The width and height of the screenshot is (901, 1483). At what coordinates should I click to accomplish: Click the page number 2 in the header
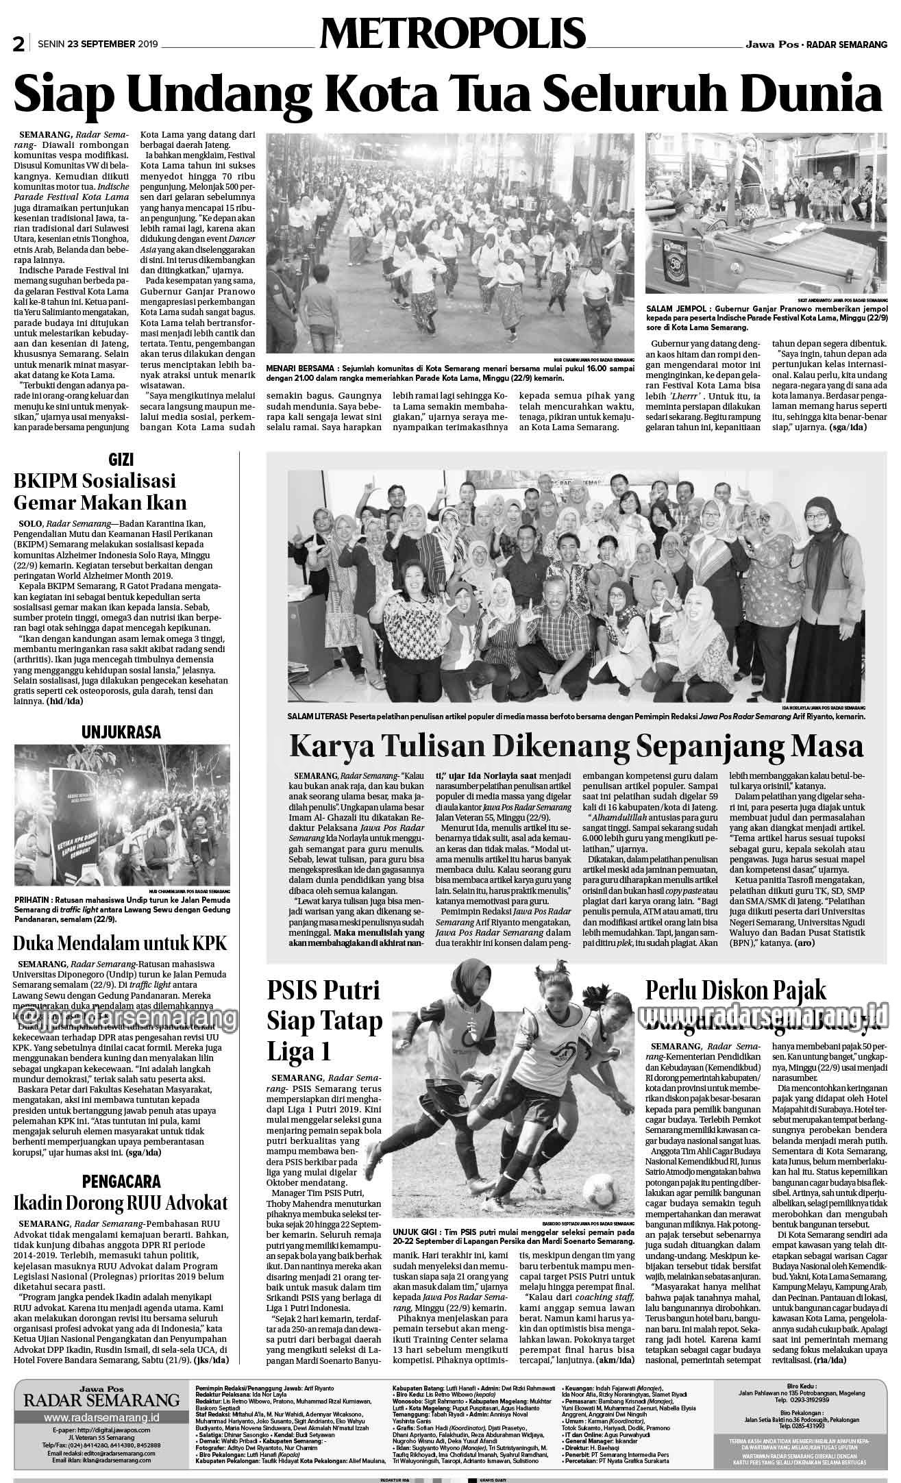click(18, 45)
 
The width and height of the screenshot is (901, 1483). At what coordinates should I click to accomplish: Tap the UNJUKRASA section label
click(121, 732)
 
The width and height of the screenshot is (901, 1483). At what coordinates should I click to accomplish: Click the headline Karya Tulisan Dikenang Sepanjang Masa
click(576, 745)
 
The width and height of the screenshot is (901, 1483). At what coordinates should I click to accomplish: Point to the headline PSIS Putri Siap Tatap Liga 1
click(325, 1021)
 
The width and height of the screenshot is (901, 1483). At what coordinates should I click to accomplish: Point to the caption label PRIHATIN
click(36, 899)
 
